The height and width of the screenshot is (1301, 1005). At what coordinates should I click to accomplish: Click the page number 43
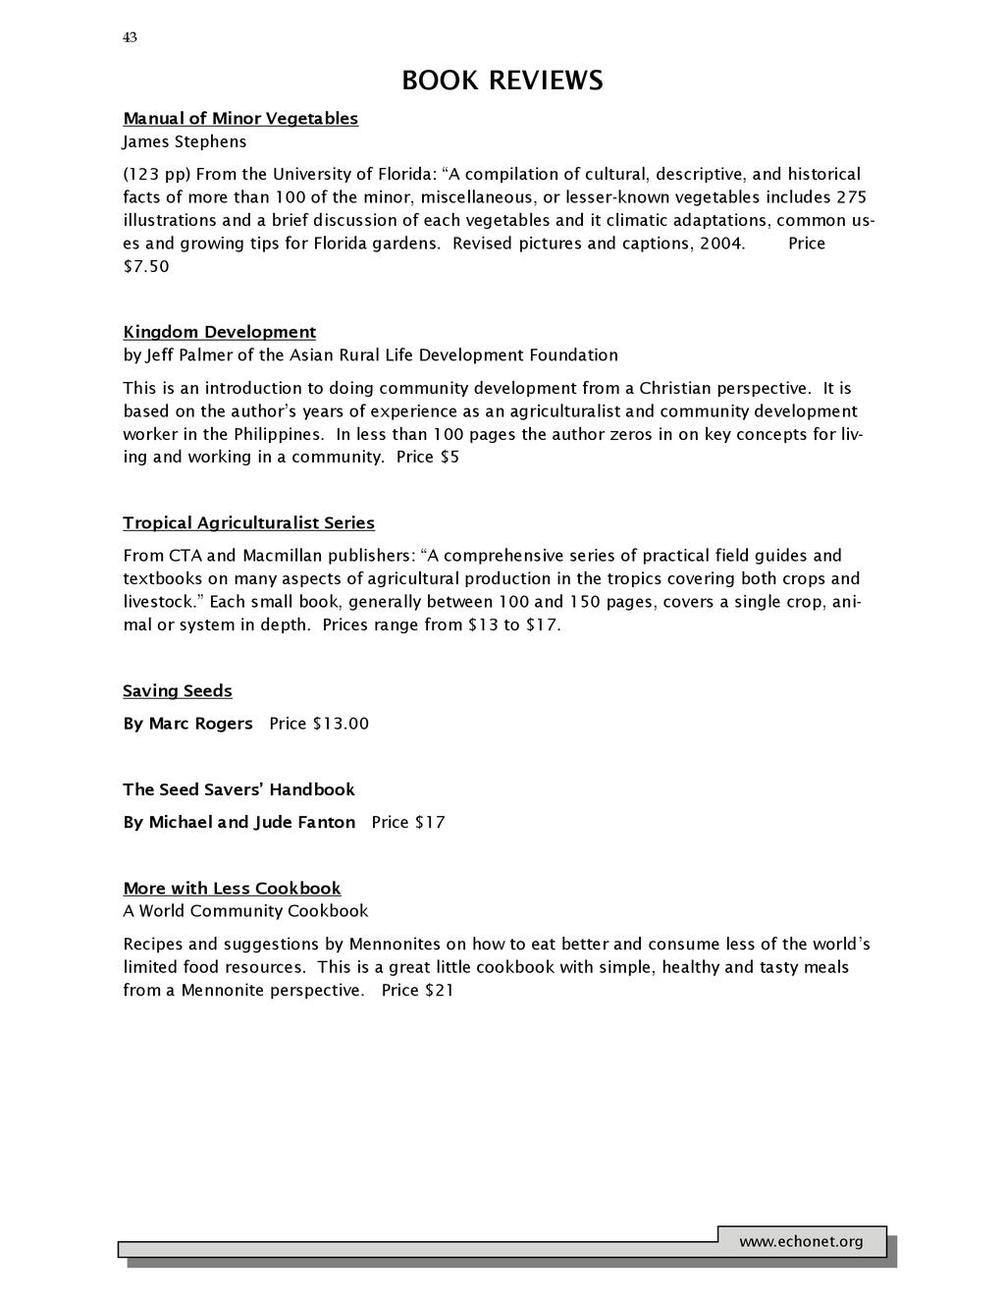[130, 37]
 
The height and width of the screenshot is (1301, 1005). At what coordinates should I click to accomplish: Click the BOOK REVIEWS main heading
[502, 81]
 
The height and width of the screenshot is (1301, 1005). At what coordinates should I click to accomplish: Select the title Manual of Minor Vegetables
[240, 119]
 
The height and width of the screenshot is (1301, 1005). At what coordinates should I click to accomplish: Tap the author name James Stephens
[185, 142]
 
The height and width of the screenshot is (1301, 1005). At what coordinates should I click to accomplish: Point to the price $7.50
[146, 266]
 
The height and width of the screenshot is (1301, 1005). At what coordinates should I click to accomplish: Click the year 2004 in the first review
[720, 244]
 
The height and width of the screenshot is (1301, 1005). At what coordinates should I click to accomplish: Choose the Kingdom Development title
[219, 332]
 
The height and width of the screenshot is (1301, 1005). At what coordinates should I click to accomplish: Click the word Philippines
[278, 434]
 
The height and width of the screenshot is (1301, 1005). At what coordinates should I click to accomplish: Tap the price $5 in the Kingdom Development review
[450, 458]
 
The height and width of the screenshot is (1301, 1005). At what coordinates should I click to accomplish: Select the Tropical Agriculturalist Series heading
[248, 523]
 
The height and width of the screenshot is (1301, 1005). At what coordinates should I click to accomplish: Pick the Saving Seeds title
[178, 691]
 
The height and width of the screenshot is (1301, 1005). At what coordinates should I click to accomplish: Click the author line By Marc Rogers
[187, 724]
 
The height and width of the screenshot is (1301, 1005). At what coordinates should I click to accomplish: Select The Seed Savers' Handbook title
[238, 789]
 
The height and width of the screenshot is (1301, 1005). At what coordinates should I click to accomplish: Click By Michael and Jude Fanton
[238, 823]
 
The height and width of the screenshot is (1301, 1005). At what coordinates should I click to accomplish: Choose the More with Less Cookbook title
[232, 889]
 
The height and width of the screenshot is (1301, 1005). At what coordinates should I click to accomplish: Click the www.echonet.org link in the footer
[801, 1242]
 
